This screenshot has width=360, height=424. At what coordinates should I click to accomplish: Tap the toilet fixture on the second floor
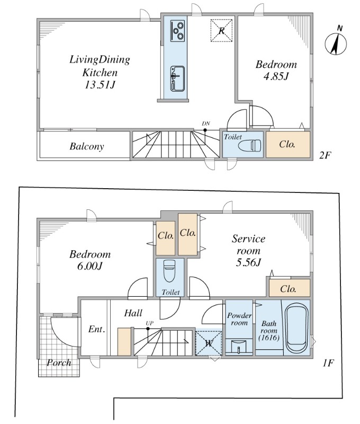pyautogui.click(x=249, y=145)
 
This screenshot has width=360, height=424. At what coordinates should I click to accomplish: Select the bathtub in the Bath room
pyautogui.click(x=296, y=329)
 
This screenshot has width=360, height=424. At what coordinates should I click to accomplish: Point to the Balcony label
pyautogui.click(x=86, y=147)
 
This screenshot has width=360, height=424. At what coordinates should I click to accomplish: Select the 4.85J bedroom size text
pyautogui.click(x=276, y=76)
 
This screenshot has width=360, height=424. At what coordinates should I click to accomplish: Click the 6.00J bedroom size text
pyautogui.click(x=89, y=266)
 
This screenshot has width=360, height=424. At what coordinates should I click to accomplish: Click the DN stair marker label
pyautogui.click(x=205, y=123)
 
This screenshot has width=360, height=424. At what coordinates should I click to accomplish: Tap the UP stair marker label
pyautogui.click(x=149, y=323)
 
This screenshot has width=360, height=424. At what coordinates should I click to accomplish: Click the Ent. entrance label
pyautogui.click(x=96, y=329)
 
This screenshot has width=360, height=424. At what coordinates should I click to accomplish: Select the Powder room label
pyautogui.click(x=239, y=319)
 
